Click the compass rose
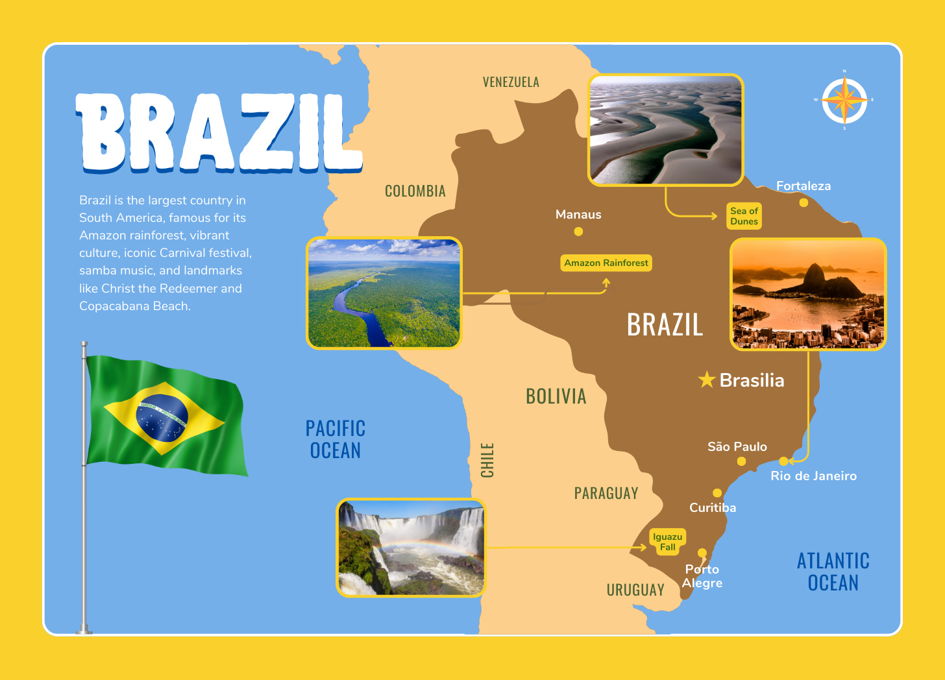point(844,101)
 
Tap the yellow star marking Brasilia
point(707,380)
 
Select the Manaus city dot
point(578,232)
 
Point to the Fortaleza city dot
point(804,202)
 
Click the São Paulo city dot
point(741,461)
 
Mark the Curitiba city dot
point(717,493)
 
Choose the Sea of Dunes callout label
point(744,216)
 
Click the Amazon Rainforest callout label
point(606,263)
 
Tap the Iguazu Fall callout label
point(667,542)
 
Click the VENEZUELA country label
point(511,82)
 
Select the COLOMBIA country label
point(415,191)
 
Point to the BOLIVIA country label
point(556,396)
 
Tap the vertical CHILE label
point(487,460)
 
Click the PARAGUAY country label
point(606,494)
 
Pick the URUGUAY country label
point(635,590)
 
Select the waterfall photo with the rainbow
point(411,548)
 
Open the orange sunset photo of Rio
point(808,294)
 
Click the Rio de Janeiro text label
point(813,476)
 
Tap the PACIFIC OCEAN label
point(336,439)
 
